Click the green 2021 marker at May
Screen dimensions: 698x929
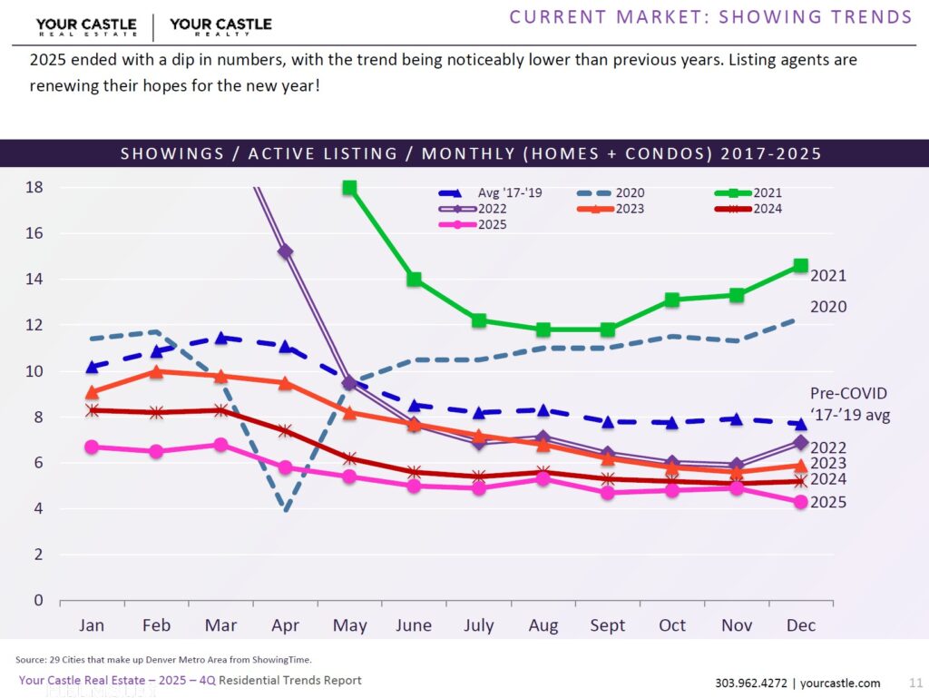pos(349,188)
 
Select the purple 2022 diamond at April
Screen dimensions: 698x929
pos(285,251)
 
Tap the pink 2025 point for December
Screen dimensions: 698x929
pos(801,502)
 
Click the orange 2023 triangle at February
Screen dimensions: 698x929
pos(156,371)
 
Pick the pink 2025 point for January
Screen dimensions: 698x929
pos(92,447)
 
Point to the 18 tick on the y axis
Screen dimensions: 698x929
pos(34,188)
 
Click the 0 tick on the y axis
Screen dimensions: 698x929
pos(38,600)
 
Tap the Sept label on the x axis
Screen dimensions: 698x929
pos(607,625)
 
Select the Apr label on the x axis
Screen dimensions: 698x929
pos(285,625)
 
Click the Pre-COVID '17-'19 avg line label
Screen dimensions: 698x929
pos(848,403)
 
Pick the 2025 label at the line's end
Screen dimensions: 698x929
pos(828,502)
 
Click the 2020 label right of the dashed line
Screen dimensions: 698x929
pos(828,307)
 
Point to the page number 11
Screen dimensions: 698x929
pos(914,683)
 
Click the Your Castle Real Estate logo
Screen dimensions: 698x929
pos(86,26)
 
